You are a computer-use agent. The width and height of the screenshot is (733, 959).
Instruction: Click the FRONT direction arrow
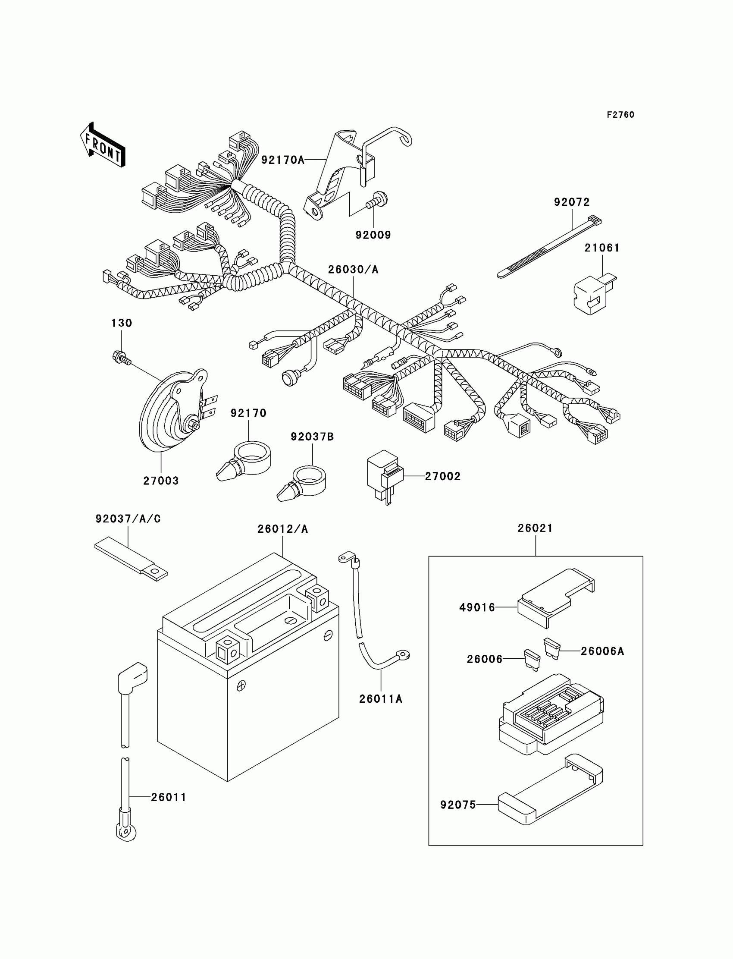[x=103, y=145]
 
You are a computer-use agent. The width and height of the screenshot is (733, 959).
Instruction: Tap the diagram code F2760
[x=620, y=115]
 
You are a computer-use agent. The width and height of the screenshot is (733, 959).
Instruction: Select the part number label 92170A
[x=282, y=160]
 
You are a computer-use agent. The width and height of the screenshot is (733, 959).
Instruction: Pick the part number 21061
[x=601, y=248]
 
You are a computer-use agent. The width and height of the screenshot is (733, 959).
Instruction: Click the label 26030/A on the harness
[x=353, y=270]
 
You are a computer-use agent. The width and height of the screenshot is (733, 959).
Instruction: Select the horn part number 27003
[x=160, y=481]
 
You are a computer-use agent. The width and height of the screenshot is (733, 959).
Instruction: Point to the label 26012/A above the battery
[x=282, y=529]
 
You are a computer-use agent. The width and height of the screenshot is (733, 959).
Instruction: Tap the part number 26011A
[x=380, y=699]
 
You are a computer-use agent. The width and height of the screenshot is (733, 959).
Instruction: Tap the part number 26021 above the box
[x=535, y=528]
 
